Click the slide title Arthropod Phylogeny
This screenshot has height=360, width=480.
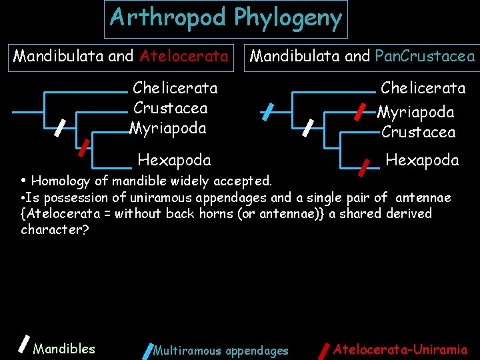coord(226,18)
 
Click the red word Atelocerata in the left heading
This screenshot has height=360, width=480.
coord(184,56)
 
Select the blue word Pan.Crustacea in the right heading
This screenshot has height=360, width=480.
coord(425,56)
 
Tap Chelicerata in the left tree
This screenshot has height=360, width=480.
coord(175,88)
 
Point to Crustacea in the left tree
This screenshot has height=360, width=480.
coord(171,108)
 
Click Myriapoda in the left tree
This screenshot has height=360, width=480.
coord(169,127)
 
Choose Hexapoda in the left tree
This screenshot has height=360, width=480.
coord(174,159)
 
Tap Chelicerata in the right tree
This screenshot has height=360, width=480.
coord(423,88)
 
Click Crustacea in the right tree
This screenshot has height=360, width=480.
coord(419,132)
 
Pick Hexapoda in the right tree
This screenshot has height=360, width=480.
coord(422,159)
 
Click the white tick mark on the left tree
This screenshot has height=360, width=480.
coord(59,127)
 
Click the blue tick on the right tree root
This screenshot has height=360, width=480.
coord(267,111)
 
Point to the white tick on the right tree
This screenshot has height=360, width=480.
coord(309,127)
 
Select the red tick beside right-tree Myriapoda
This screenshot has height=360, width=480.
coord(359,110)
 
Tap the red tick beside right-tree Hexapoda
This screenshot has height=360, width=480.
coord(364,167)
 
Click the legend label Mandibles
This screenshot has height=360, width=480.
coord(64,348)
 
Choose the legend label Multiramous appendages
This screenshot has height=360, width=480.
coord(221,351)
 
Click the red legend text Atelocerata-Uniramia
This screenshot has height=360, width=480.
coord(400,348)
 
